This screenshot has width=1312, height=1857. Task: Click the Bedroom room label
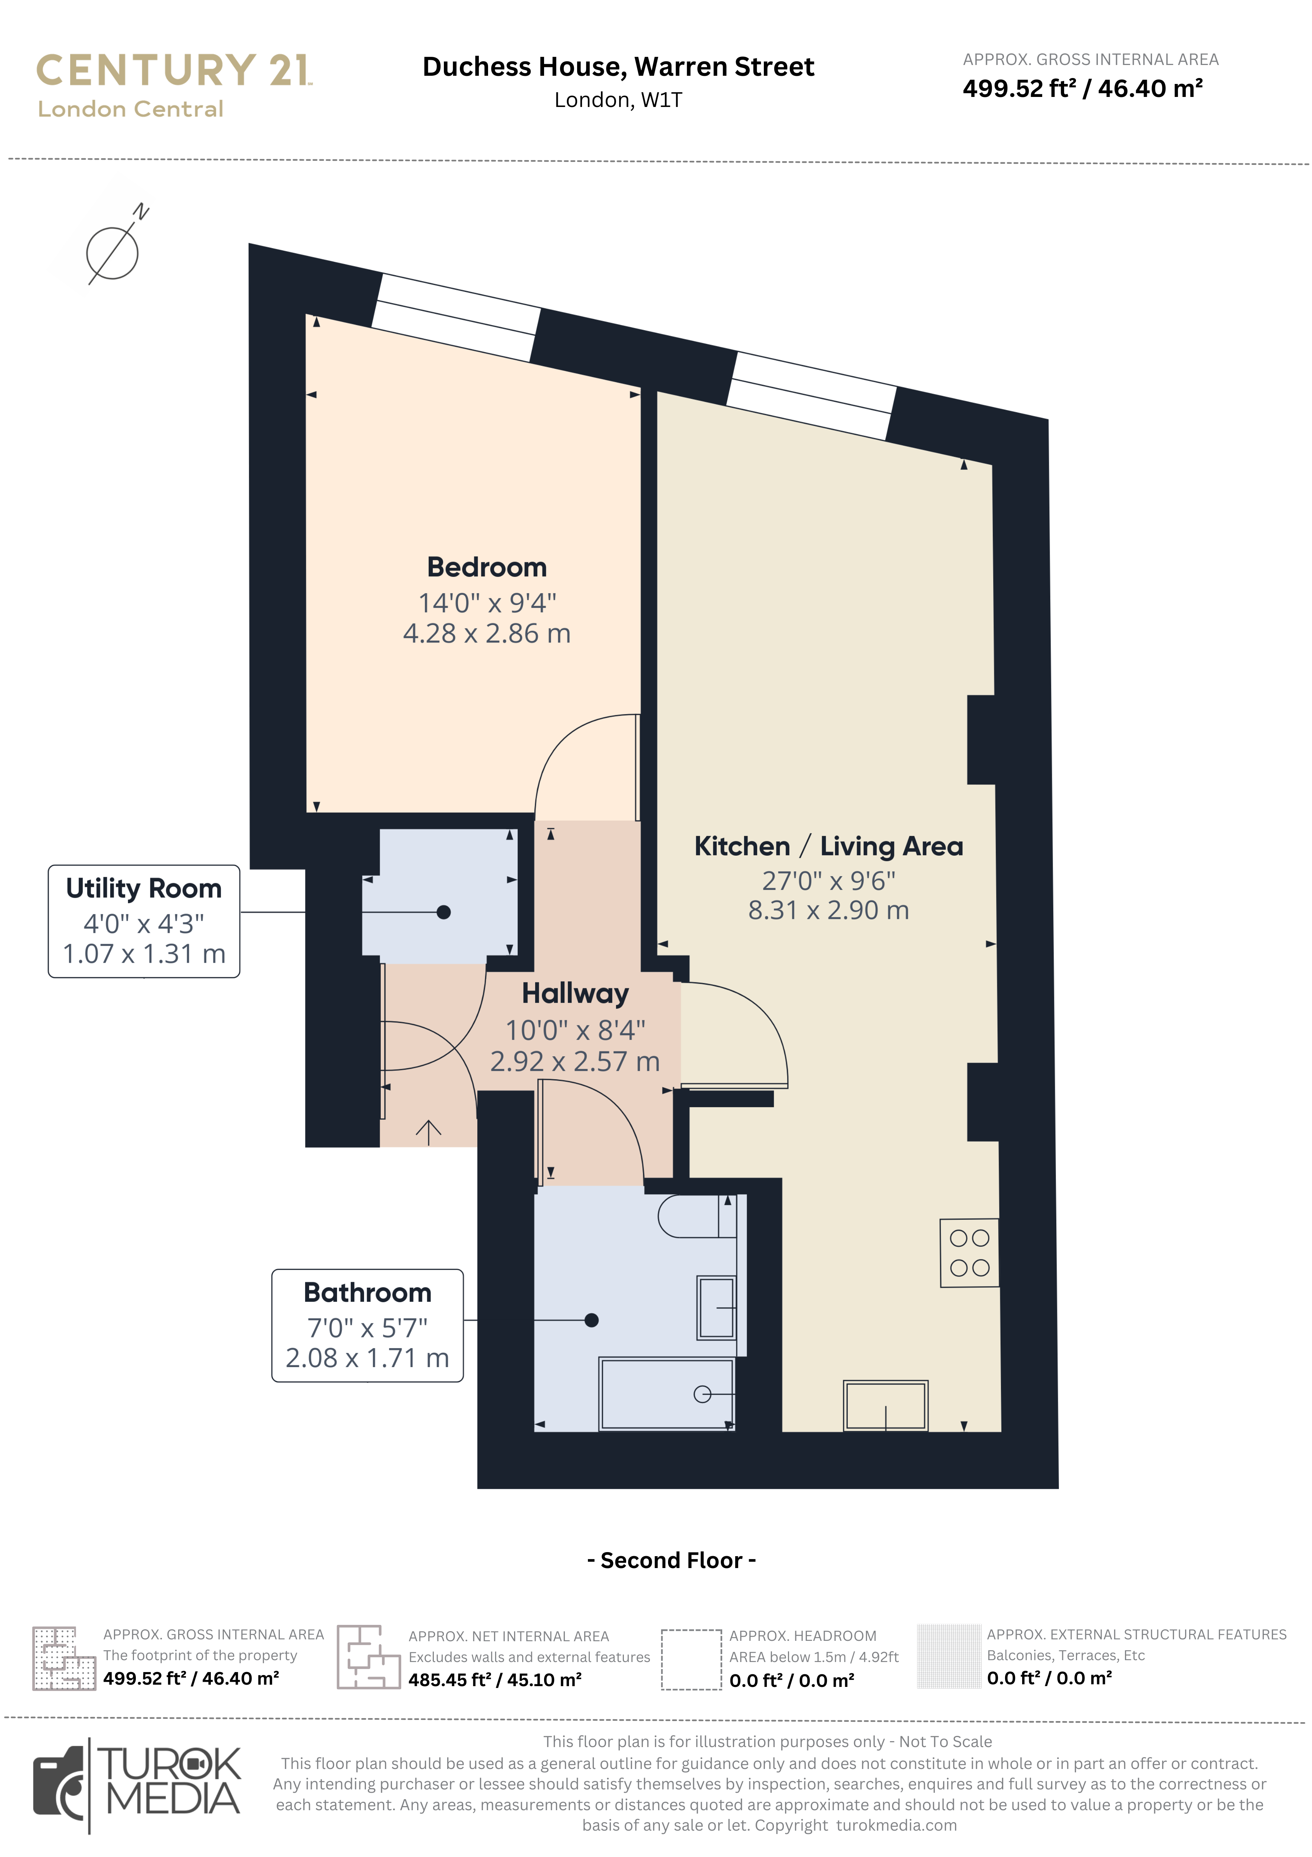(x=487, y=567)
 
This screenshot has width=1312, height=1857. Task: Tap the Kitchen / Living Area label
(x=829, y=846)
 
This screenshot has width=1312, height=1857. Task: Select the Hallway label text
(x=575, y=993)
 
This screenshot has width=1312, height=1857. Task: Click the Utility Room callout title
(x=144, y=888)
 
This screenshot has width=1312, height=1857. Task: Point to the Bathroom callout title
(x=367, y=1292)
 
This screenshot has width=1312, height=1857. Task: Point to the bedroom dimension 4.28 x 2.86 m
(x=487, y=633)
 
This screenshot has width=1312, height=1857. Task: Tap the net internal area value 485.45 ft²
(x=495, y=1680)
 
